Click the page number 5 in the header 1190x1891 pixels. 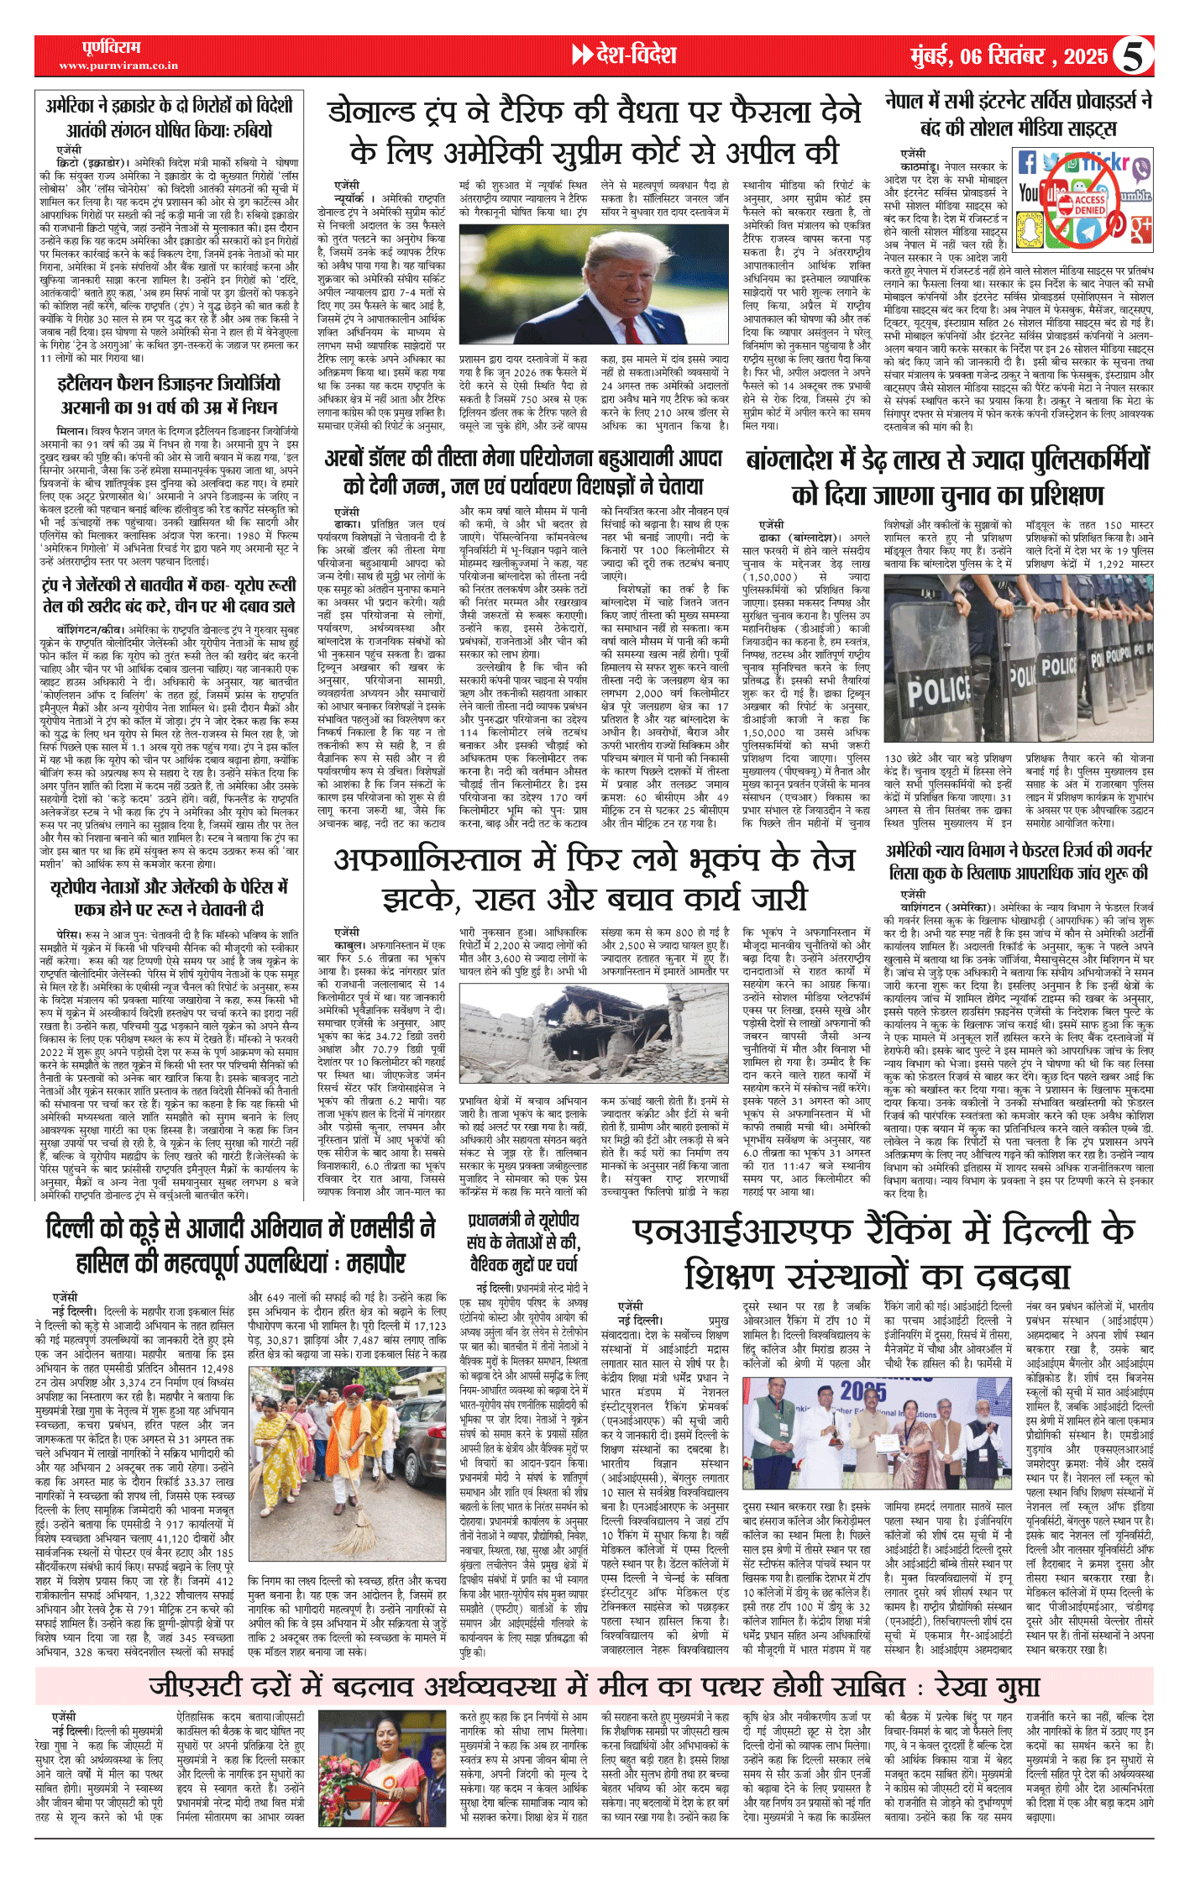point(1133,56)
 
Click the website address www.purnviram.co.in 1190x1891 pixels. point(106,66)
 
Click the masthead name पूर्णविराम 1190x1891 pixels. point(112,47)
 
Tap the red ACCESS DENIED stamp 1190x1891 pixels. point(1089,205)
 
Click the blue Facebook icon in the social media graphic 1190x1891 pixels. point(1027,162)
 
